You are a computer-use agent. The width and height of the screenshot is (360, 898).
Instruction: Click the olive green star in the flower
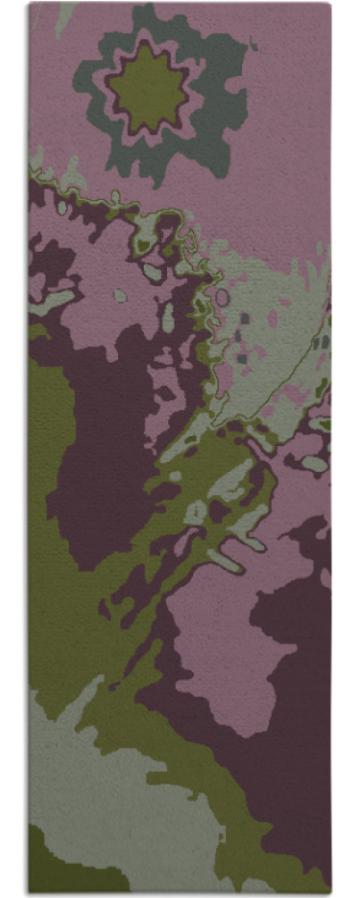(x=148, y=87)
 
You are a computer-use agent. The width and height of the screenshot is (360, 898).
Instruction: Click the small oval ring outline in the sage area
(x=222, y=297)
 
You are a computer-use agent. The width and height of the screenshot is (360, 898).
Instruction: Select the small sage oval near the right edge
(x=314, y=463)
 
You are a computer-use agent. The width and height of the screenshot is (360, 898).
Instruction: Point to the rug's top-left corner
(x=29, y=4)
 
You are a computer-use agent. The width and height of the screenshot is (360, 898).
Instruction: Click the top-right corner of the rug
(x=330, y=4)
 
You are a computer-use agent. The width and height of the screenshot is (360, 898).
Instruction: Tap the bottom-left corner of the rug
(x=29, y=893)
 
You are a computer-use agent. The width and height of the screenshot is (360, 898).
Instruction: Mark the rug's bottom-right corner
(x=331, y=893)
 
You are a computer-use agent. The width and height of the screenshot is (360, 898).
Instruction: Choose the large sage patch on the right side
(x=277, y=357)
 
